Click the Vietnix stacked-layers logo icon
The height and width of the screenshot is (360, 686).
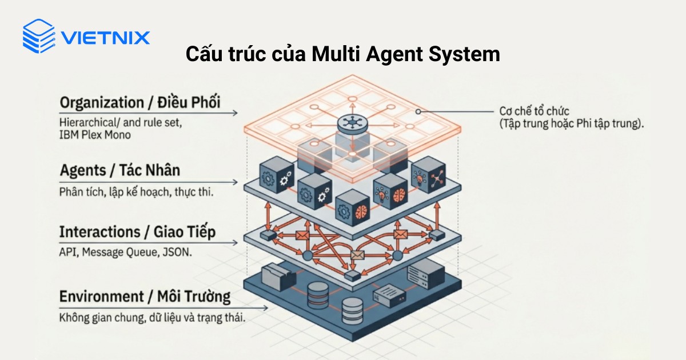point(38,36)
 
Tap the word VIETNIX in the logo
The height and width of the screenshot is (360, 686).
point(105,38)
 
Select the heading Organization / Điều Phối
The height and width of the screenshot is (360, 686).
point(140,103)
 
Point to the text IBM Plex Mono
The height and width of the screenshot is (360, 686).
point(94,135)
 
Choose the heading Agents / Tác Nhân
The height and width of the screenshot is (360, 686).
point(119,170)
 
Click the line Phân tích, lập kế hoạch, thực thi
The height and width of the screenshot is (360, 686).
point(136,192)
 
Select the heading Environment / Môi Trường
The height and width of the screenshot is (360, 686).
point(145,297)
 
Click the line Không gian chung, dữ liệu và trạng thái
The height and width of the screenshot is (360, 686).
point(152,318)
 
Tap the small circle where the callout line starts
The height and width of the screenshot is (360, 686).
point(418,111)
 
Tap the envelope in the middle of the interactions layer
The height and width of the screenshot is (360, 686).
point(358,256)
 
